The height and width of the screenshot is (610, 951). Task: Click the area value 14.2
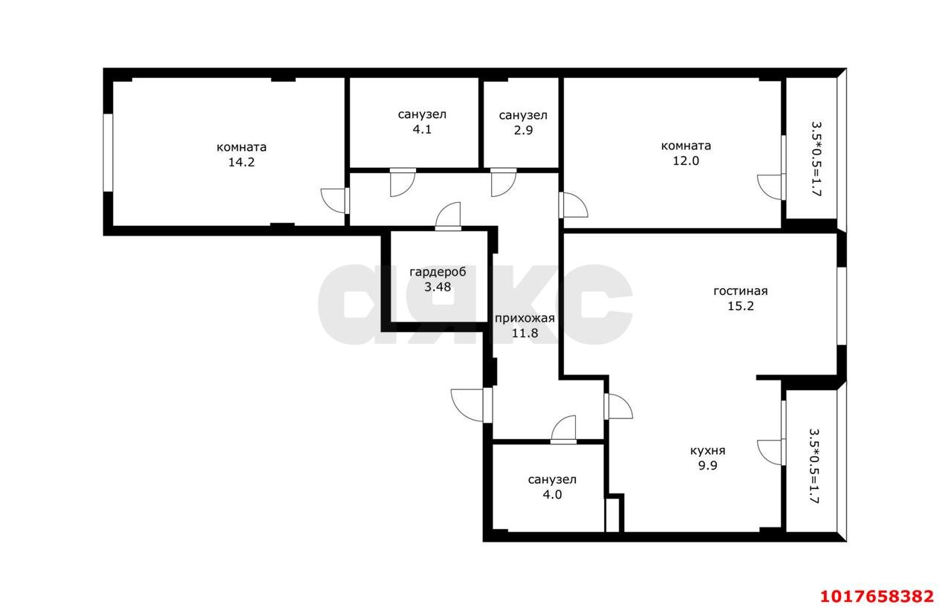[x=241, y=162]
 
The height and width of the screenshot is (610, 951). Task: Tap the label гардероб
[x=438, y=272]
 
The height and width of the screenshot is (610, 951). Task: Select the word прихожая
[x=525, y=318]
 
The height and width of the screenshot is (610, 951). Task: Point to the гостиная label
[x=741, y=291]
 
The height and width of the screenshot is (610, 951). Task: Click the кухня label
[x=708, y=451]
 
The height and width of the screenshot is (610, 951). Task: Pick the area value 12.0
[x=686, y=161]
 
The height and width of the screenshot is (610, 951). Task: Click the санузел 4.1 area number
[x=422, y=129]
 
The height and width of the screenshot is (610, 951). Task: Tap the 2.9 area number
[x=523, y=130]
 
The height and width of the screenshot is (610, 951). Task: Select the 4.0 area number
[x=552, y=495]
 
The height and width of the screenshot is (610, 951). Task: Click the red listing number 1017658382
[x=877, y=597]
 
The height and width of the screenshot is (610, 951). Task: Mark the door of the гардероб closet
[x=448, y=217]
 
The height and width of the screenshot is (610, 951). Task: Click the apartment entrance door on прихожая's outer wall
[x=472, y=406]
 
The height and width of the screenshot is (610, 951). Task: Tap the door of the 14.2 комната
[x=335, y=201]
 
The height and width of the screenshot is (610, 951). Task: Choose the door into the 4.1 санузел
[x=403, y=182]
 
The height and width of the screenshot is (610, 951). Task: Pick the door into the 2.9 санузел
[x=504, y=182]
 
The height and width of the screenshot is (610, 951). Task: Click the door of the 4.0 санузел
[x=563, y=429]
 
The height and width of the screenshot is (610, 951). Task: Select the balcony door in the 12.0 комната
[x=771, y=186]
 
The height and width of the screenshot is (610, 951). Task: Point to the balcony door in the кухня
[x=771, y=452]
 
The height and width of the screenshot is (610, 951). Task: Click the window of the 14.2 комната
[x=108, y=153]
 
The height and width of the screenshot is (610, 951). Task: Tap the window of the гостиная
[x=842, y=306]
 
